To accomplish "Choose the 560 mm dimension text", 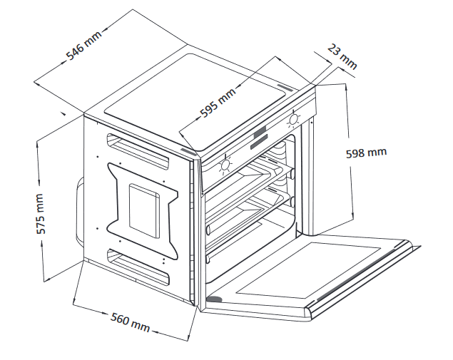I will pos(129,322).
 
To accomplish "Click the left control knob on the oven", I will pos(225,165).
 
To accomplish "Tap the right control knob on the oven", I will pos(292,119).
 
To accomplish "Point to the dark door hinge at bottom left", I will pos(213,299).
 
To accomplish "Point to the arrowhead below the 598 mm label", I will pos(354,215).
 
